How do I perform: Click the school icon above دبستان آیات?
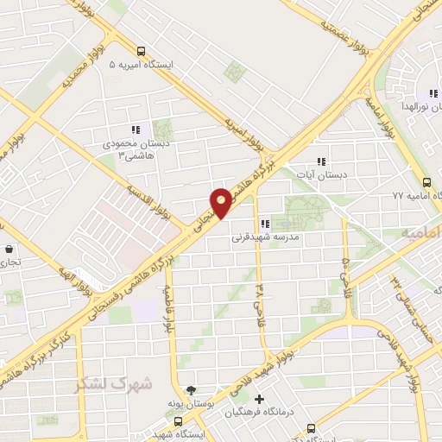pos(321,161)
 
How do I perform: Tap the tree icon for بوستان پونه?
pos(191,392)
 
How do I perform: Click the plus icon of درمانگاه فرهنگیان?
pos(258,398)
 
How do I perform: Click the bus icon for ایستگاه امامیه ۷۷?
pos(427,181)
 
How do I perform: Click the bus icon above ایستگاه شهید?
pos(178,422)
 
